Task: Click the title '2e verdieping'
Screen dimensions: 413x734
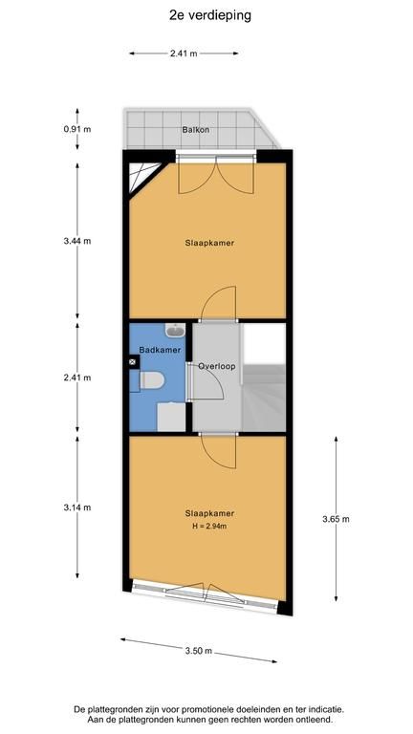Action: [x=210, y=15]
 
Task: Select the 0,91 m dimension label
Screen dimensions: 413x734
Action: [x=77, y=129]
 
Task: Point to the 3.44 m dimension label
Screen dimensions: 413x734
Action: [x=77, y=241]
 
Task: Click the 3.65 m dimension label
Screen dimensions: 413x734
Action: [x=336, y=519]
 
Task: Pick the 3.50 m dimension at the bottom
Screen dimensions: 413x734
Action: [x=199, y=651]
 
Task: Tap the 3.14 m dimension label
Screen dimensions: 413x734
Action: [x=77, y=507]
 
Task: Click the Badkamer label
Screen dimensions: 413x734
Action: [x=161, y=350]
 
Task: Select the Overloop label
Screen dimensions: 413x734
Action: [x=216, y=366]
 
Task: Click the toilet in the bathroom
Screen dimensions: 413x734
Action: [x=151, y=380]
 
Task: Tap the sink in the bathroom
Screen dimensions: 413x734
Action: [x=175, y=331]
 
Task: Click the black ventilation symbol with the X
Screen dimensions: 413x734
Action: [x=133, y=361]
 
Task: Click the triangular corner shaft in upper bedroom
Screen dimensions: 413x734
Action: [x=141, y=177]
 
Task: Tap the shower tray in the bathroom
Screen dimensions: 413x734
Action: [x=171, y=417]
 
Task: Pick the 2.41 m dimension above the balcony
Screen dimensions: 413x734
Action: [x=184, y=54]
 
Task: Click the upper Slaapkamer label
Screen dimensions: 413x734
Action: [x=209, y=243]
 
